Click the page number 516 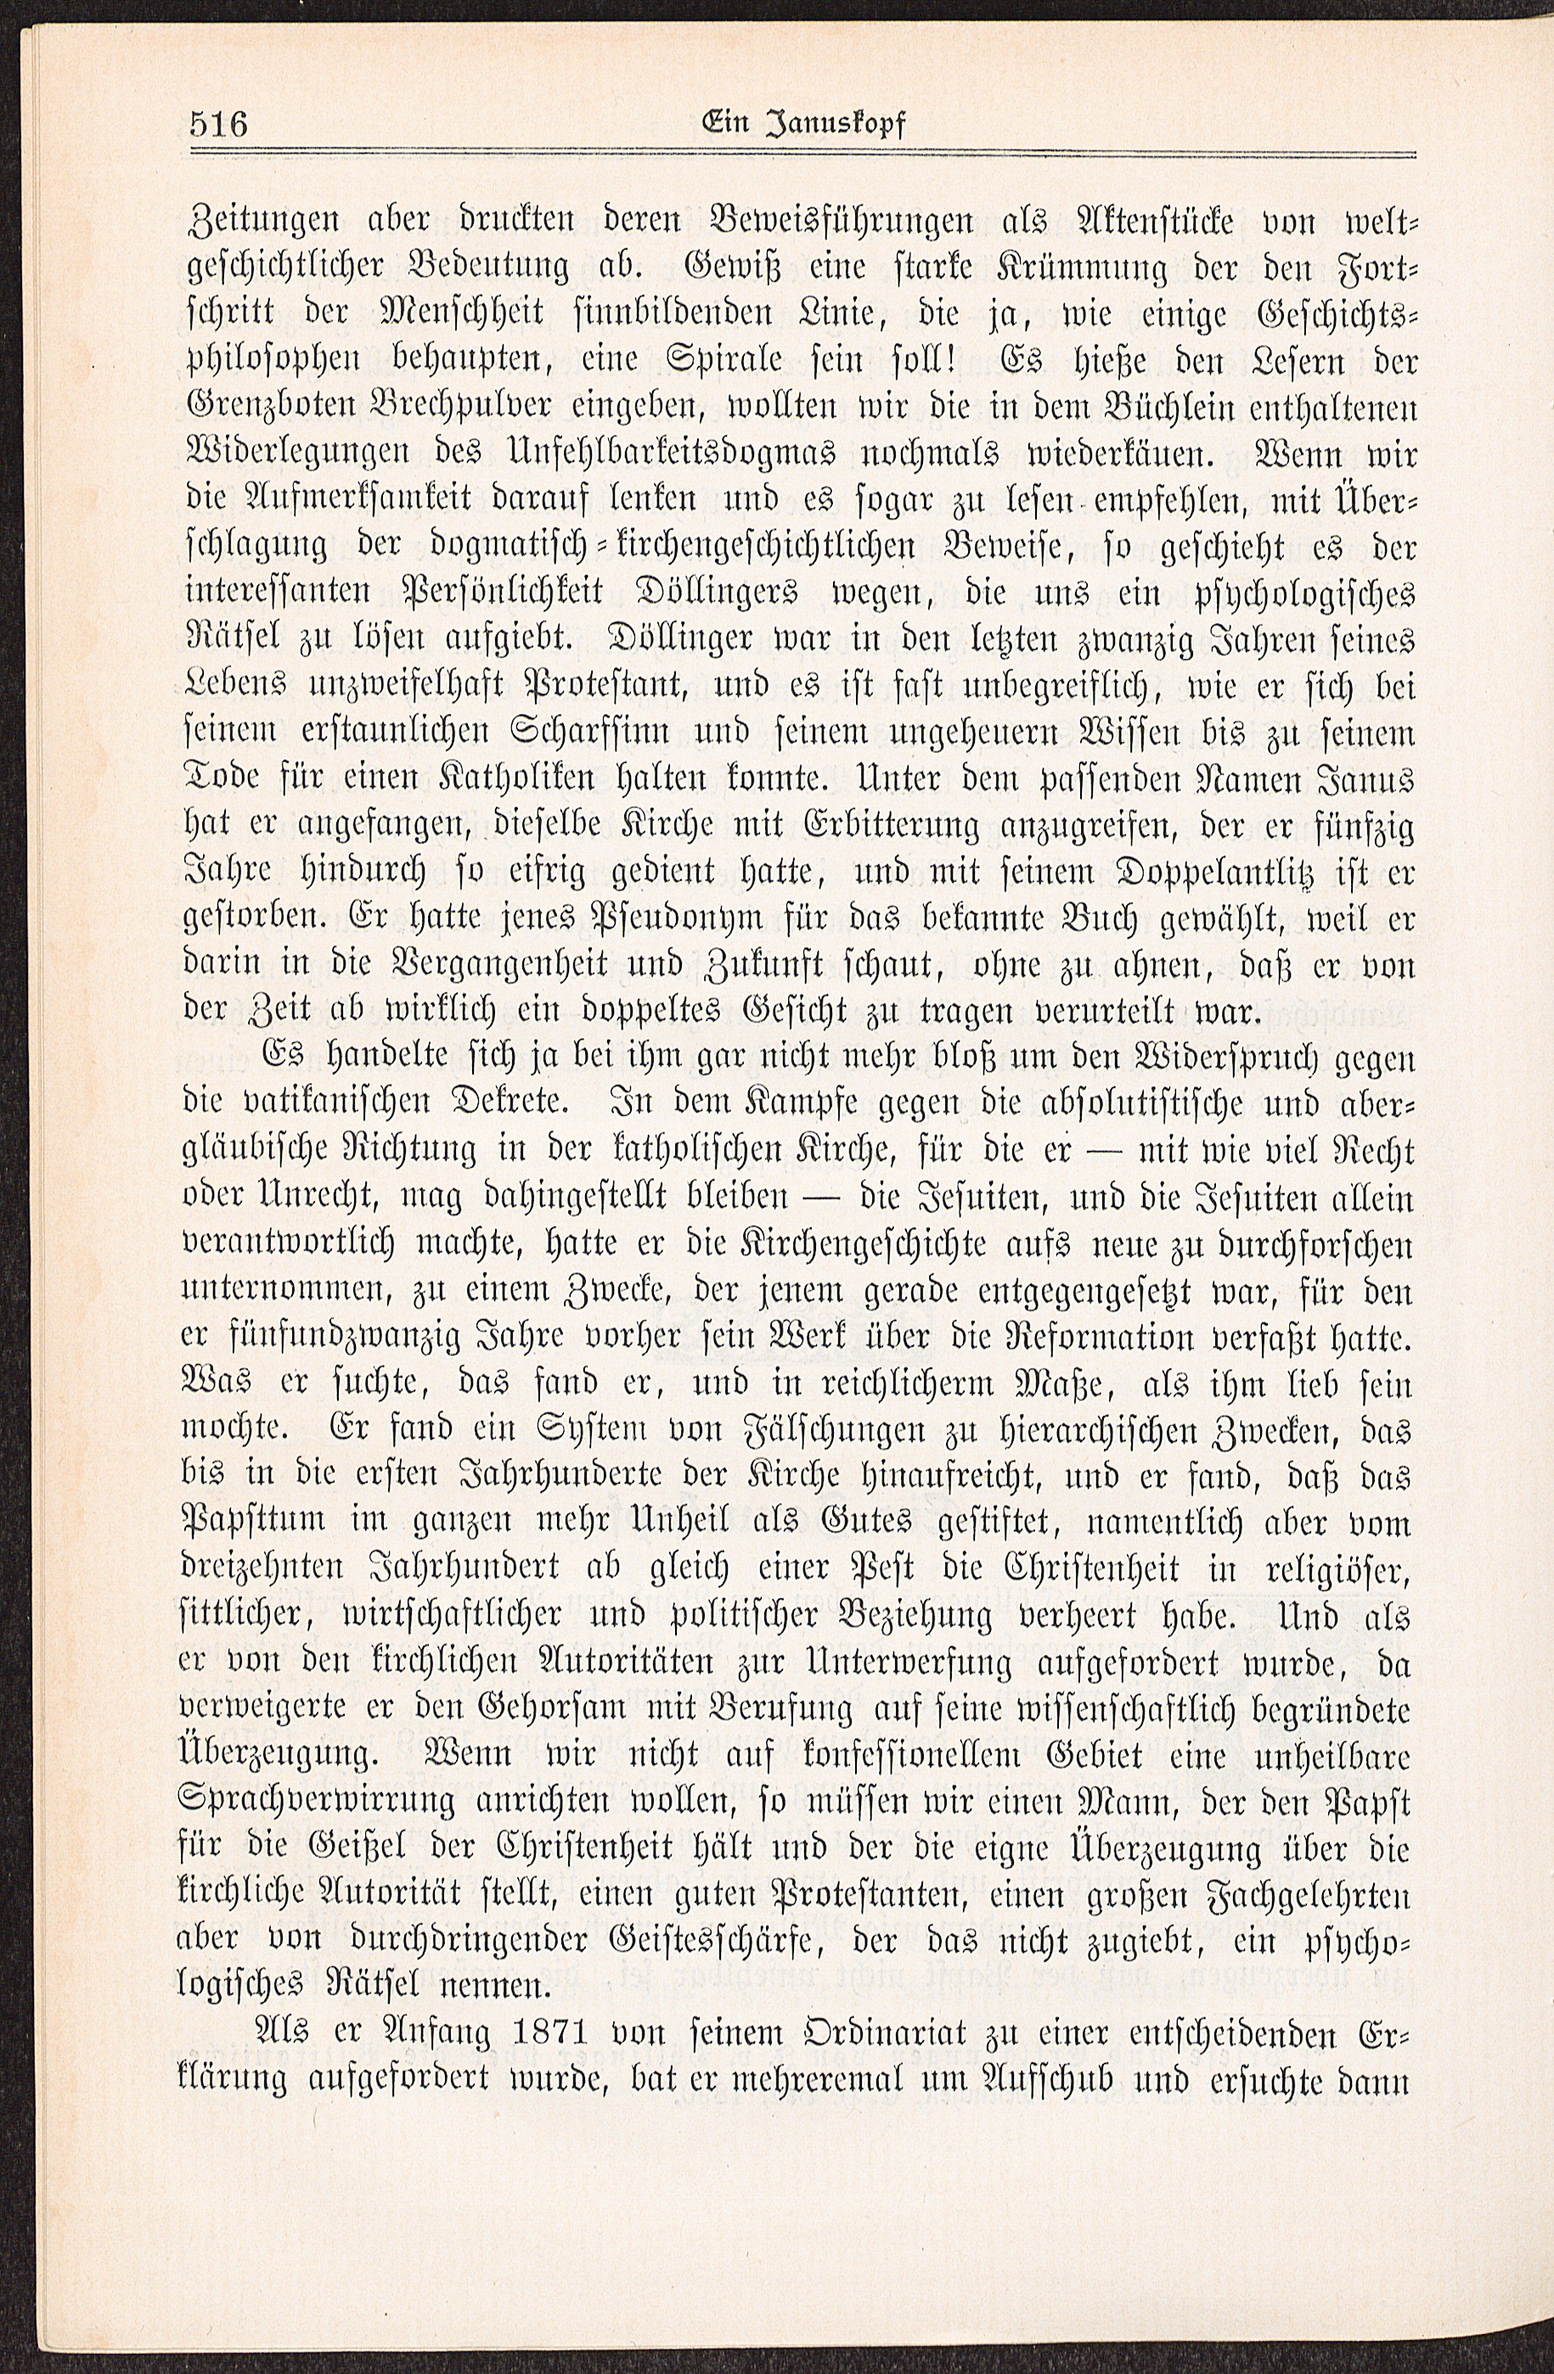click(x=218, y=126)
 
